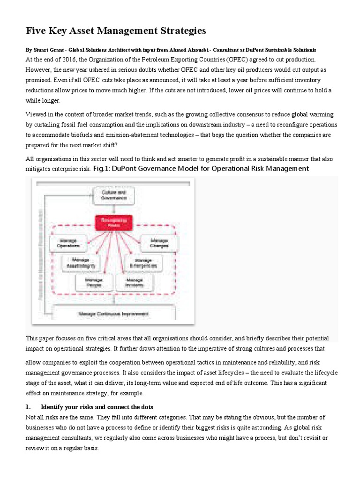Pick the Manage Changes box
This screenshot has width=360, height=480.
click(x=159, y=243)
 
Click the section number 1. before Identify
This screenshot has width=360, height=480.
click(x=28, y=406)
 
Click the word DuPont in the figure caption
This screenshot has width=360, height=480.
click(x=131, y=168)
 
